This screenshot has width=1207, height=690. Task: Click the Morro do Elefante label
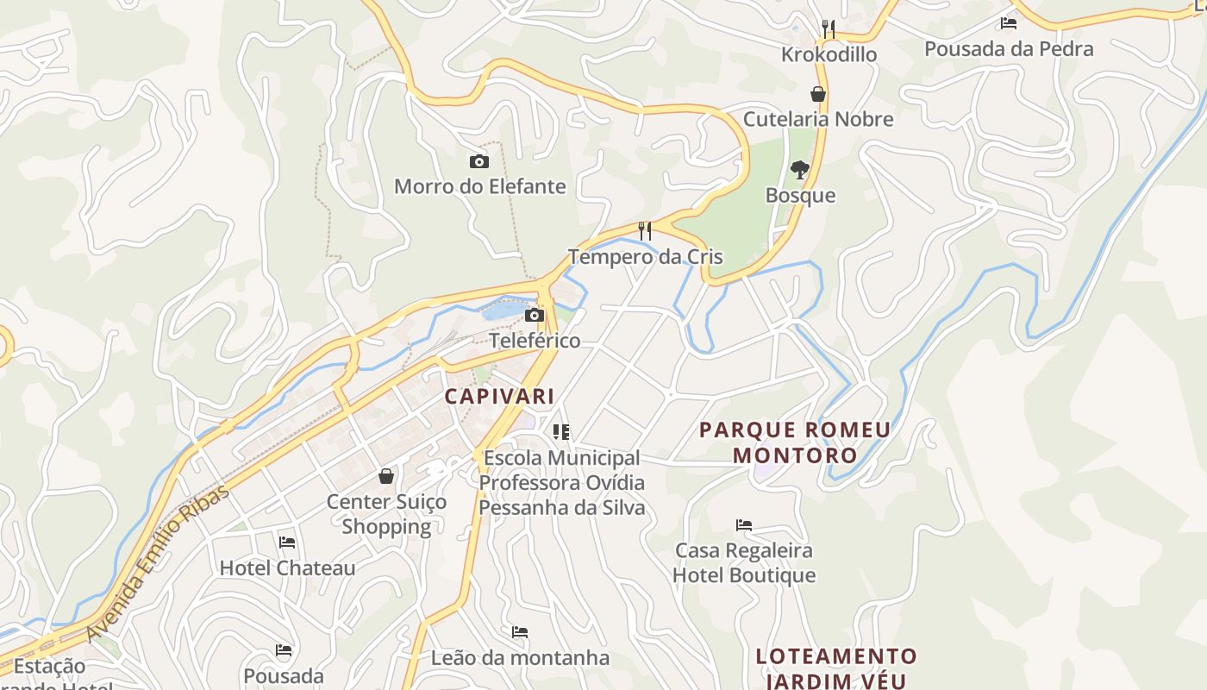(x=479, y=186)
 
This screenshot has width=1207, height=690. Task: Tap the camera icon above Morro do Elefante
(x=478, y=161)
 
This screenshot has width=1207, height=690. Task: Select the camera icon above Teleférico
(x=535, y=316)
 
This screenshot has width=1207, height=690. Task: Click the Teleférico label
(x=535, y=341)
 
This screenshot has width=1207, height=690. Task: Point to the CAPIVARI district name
(x=499, y=397)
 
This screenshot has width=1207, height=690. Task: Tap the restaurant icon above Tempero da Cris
(x=644, y=231)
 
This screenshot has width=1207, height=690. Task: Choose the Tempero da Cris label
(x=645, y=257)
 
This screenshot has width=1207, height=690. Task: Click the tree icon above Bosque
(x=800, y=170)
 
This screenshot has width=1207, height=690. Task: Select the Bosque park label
(x=800, y=195)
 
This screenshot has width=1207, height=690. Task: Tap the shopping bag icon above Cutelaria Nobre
(x=817, y=94)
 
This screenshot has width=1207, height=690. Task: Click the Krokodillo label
(x=829, y=54)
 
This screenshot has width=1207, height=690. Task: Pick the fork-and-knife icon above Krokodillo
(x=829, y=28)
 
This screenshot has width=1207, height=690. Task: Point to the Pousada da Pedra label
(x=1009, y=48)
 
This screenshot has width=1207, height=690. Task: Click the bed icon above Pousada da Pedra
(x=1009, y=23)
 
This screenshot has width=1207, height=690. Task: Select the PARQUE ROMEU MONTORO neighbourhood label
(x=795, y=442)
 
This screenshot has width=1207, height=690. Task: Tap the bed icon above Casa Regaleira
(x=744, y=524)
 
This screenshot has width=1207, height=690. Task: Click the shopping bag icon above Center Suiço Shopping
(x=386, y=476)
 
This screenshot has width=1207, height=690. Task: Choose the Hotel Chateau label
(x=287, y=568)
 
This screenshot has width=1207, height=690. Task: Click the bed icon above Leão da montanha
(x=520, y=632)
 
